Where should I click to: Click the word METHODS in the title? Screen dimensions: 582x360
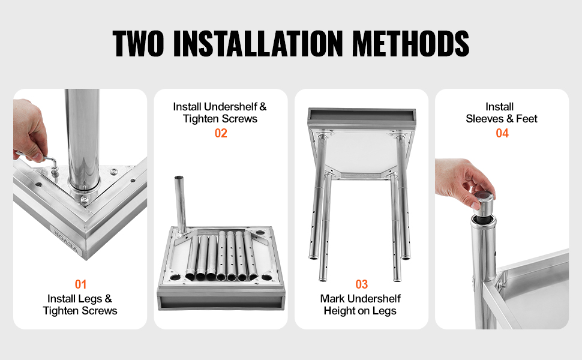click(x=410, y=43)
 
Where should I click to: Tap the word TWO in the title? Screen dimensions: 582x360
click(x=138, y=43)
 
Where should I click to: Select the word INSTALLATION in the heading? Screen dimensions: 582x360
click(x=258, y=43)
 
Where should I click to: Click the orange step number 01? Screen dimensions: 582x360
click(x=80, y=284)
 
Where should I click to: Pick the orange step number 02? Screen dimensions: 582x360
click(x=221, y=133)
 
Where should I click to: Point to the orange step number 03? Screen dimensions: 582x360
click(x=362, y=284)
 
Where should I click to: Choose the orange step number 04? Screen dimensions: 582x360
click(x=502, y=133)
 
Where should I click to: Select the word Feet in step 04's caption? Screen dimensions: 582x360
click(x=527, y=119)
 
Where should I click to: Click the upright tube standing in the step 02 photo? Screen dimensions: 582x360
click(x=181, y=203)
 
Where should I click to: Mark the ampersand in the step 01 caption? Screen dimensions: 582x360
click(x=108, y=299)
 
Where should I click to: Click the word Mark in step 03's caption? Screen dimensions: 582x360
click(x=332, y=299)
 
